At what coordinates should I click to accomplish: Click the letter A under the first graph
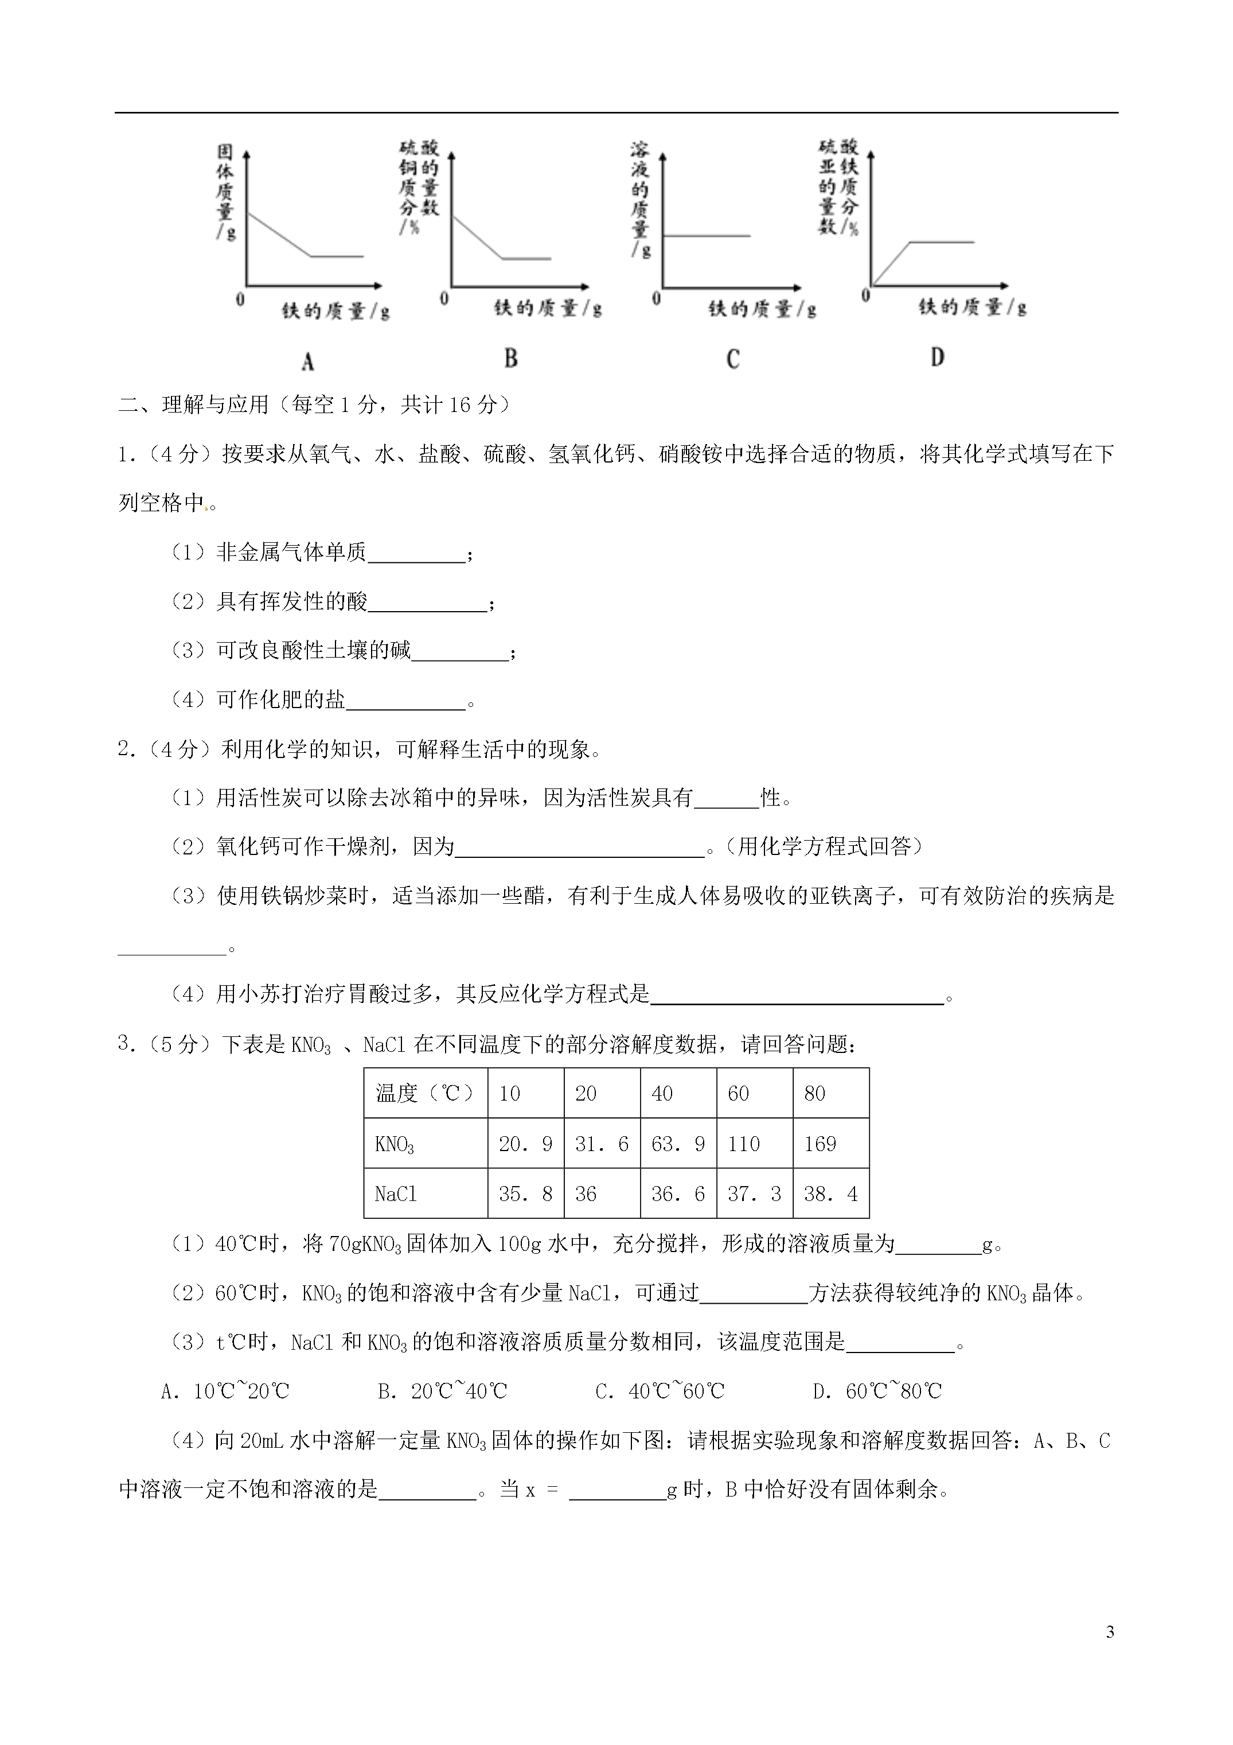click(308, 361)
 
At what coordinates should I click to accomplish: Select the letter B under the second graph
click(512, 358)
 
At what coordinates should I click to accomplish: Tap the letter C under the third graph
click(732, 359)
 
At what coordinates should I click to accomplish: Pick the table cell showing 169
click(821, 1144)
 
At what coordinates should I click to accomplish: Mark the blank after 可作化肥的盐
click(405, 701)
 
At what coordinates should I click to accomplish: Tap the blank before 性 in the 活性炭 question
click(726, 798)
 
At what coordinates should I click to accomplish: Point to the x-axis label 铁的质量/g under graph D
click(973, 307)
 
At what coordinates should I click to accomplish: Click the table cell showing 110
click(744, 1144)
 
